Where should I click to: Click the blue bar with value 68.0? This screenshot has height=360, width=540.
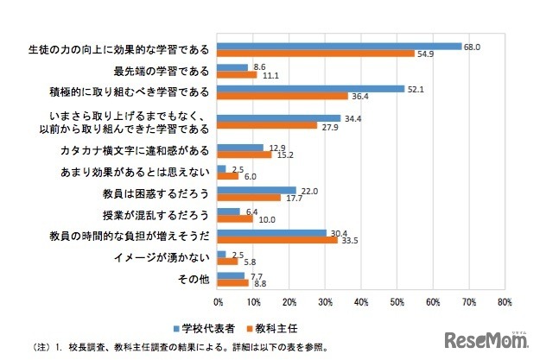tap(340, 46)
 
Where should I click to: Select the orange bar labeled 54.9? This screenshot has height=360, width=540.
tap(316, 54)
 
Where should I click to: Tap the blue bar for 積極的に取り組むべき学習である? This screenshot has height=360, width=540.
tap(311, 88)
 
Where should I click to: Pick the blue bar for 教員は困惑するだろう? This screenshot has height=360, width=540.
tap(257, 190)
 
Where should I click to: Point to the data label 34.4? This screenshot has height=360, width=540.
tap(352, 117)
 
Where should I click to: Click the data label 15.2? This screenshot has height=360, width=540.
tap(284, 155)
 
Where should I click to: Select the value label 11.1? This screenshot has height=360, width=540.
tap(270, 75)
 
